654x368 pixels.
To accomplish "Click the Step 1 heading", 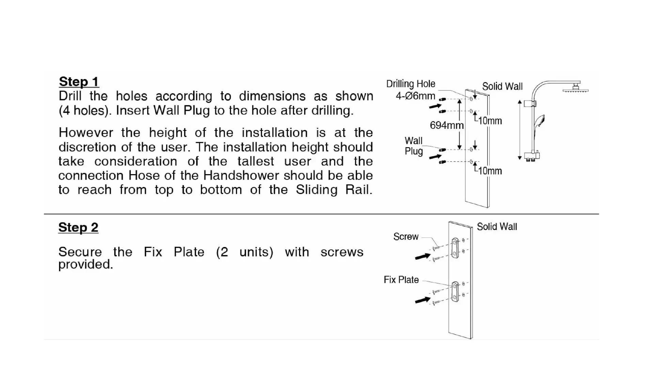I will coord(79,82).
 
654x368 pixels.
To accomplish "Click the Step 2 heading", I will coord(78,228).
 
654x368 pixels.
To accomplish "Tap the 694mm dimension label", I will coord(447,125).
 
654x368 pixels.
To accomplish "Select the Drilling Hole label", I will coord(410,84).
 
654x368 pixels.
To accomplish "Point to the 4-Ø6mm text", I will coord(415,96).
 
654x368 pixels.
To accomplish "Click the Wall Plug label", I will coord(414,146).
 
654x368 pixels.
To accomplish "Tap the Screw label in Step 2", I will coord(406,237).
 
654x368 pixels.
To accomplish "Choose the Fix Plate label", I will coord(401,280).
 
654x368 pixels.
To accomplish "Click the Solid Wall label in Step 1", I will coord(502,87).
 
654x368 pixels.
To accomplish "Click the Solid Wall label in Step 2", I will coord(497,227).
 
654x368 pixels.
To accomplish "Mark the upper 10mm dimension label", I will coord(490,121).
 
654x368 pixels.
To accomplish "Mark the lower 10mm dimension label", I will coord(490,171).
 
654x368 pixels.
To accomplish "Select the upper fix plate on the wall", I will coord(455,248).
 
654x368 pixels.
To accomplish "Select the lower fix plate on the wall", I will coord(455,292).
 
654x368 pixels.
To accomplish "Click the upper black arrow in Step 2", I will coord(423,256).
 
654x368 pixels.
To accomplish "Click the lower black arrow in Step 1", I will coord(435,156).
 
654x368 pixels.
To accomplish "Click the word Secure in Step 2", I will coord(80,252).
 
